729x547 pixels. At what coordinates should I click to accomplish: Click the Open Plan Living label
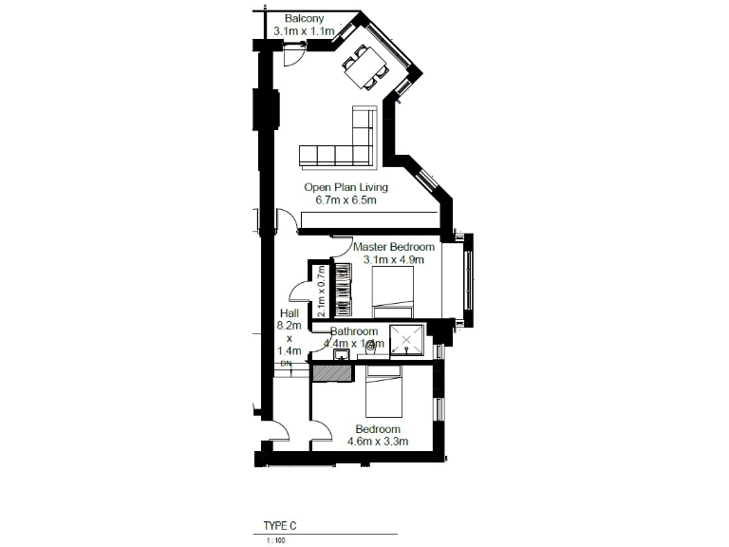[346, 188]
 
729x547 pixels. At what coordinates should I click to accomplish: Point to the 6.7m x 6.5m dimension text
[346, 200]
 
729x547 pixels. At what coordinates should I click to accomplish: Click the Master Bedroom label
[394, 247]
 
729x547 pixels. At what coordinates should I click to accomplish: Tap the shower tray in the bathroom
[408, 340]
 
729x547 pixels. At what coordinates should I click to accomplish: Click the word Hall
[290, 313]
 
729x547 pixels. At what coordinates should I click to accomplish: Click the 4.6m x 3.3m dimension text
[378, 442]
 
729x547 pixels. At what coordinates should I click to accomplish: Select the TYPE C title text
[280, 524]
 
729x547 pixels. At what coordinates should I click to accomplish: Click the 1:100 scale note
[274, 540]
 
